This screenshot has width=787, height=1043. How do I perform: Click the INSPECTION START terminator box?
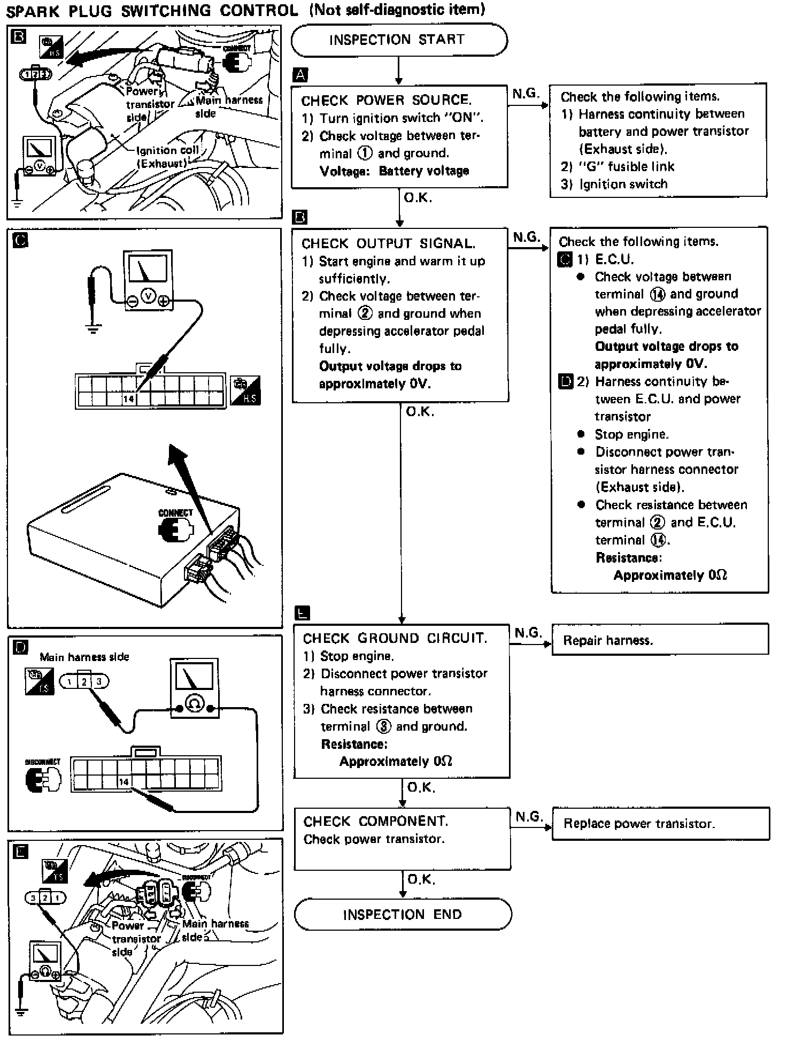click(398, 40)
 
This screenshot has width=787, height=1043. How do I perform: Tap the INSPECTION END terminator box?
click(402, 914)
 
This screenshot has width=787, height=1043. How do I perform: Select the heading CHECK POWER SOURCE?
click(386, 100)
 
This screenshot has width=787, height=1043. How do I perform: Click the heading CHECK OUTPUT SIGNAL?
click(388, 244)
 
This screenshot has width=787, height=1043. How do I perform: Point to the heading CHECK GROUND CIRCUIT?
click(395, 638)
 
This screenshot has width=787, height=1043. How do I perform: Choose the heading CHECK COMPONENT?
click(376, 821)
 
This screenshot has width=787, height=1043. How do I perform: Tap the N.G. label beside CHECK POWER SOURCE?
click(525, 94)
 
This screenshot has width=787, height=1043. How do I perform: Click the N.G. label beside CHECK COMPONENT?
click(529, 816)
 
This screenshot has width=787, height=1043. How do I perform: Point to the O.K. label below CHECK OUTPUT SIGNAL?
click(420, 412)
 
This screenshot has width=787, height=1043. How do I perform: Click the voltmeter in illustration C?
click(148, 279)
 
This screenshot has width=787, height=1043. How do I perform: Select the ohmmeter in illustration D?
click(194, 688)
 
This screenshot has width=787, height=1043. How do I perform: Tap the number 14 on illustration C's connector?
click(128, 398)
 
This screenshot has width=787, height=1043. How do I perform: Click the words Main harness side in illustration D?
click(84, 657)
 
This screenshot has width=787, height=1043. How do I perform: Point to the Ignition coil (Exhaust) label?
click(167, 157)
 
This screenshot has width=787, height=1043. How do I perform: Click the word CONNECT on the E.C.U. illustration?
click(175, 512)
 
